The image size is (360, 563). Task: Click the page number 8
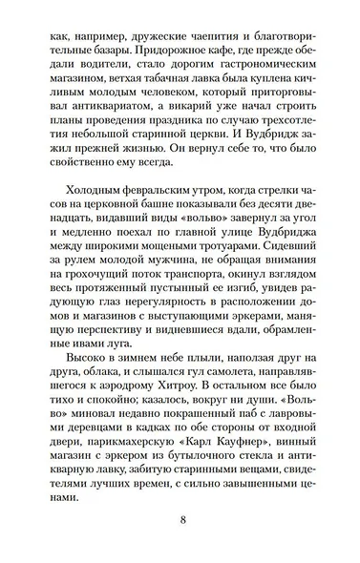(180, 521)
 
